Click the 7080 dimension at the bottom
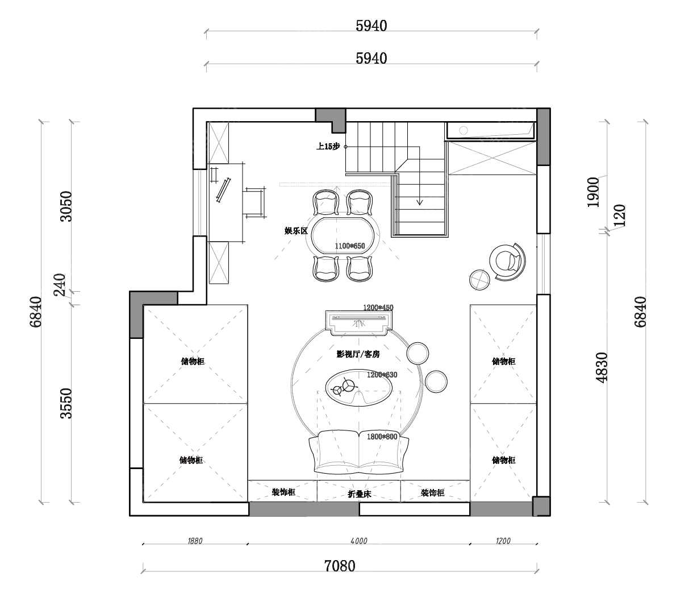point(339,566)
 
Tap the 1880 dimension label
point(195,541)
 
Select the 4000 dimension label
point(358,541)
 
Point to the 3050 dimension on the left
point(66,206)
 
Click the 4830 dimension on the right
point(602,368)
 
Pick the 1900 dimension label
point(593,192)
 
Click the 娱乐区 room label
point(296,231)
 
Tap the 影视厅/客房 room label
point(358,354)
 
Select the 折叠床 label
point(360,494)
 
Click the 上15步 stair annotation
point(328,147)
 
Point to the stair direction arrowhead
point(419,202)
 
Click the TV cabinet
point(358,322)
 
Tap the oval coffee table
point(358,388)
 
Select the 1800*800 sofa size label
point(382,437)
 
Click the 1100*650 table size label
point(350,246)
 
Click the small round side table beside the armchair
point(479,280)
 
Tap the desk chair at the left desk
point(254,202)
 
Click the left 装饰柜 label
point(283,492)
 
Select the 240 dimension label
point(60,284)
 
